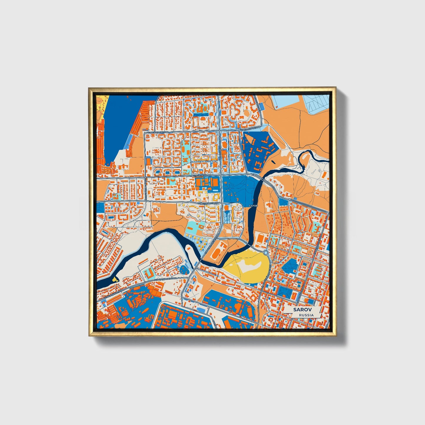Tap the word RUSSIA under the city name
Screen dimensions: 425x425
[306, 315]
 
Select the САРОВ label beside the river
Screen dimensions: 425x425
[253, 206]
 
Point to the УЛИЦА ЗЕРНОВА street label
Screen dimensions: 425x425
[202, 175]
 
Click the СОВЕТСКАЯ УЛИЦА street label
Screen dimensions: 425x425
[207, 203]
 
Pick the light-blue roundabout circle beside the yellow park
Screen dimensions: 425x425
[266, 253]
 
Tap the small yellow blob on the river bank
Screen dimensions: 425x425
[114, 279]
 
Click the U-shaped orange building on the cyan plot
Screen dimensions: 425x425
[149, 273]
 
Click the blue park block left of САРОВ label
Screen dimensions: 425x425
[235, 188]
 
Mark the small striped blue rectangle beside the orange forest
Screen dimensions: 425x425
[261, 105]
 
